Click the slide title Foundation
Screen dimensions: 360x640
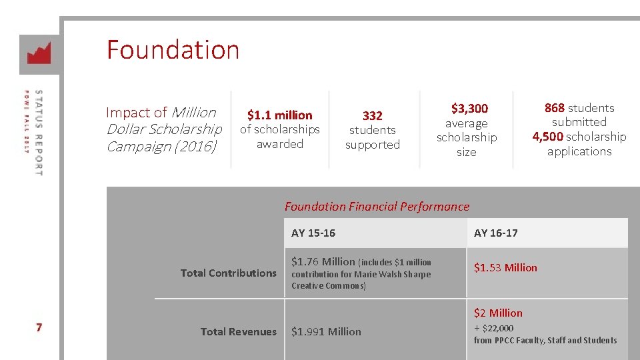tap(173, 50)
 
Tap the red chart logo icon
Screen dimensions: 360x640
tap(39, 53)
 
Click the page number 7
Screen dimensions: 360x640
tap(39, 327)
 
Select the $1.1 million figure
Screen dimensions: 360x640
tap(279, 115)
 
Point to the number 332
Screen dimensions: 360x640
tap(372, 115)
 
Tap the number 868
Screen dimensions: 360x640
tap(555, 108)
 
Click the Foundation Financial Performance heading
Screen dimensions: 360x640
tap(377, 207)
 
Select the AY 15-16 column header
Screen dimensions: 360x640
tap(313, 233)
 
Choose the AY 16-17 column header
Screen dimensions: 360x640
tap(495, 233)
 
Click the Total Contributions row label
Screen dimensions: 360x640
tap(228, 273)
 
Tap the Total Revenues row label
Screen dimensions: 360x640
tap(238, 331)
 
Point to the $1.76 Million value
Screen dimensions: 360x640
tap(323, 261)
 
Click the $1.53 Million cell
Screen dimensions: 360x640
tap(505, 267)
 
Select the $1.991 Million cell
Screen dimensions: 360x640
tap(326, 331)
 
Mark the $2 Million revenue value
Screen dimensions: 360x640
tap(498, 313)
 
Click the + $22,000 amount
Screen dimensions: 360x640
tap(493, 327)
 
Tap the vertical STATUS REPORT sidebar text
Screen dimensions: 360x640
tap(38, 133)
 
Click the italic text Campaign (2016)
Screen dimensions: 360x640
tap(161, 146)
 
